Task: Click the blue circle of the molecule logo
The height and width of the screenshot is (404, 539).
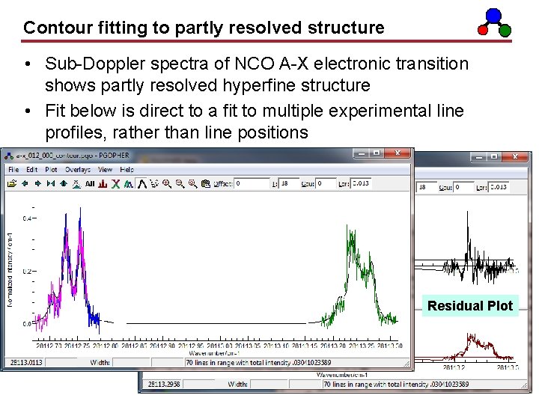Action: [493, 15]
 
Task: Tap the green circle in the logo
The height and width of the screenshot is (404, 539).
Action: [505, 31]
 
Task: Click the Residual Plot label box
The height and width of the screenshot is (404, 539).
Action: [470, 305]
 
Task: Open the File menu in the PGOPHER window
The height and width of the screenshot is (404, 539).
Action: [13, 170]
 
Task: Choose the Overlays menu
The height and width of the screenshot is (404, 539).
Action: [77, 170]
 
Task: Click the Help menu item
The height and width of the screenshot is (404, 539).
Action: [127, 170]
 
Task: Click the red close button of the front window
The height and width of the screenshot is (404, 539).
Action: [399, 153]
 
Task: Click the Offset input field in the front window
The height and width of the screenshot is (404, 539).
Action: [252, 183]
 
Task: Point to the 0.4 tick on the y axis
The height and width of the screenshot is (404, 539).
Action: [26, 218]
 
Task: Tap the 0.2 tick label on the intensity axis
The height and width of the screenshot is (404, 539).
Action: [26, 272]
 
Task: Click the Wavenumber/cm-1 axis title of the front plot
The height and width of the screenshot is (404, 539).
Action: [213, 352]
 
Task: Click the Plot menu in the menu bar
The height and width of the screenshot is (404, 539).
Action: [51, 170]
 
